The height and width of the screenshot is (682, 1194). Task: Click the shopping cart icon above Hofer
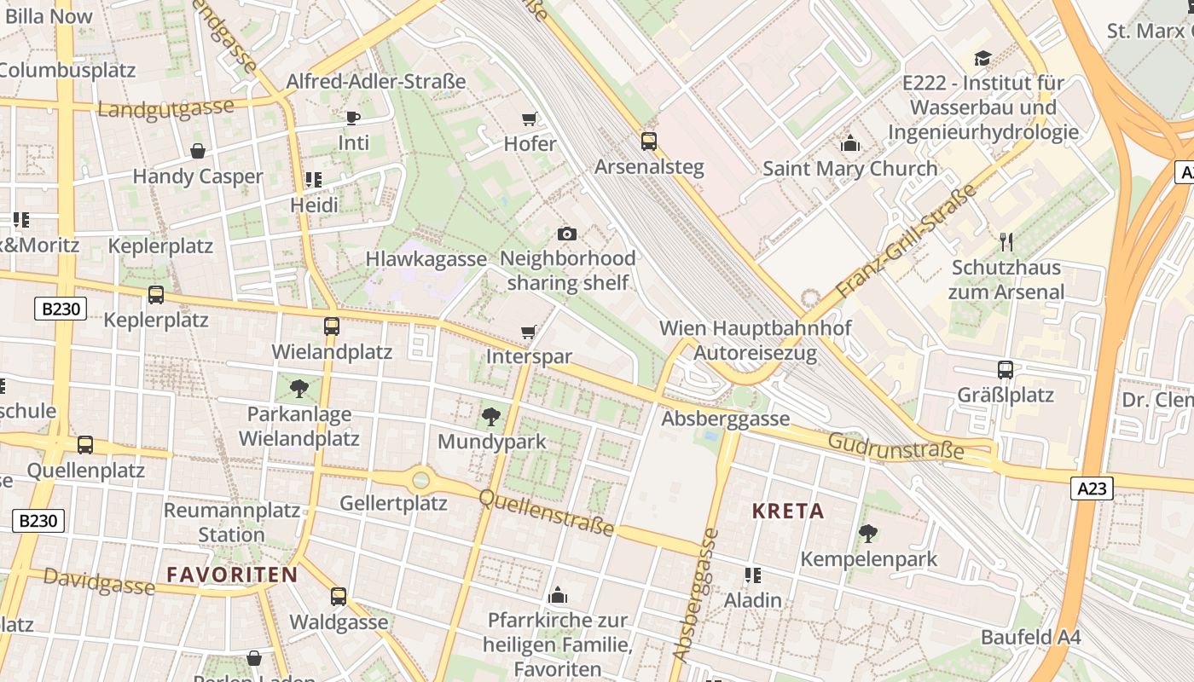[x=529, y=118]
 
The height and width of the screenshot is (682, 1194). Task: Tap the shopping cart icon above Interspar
[x=529, y=332]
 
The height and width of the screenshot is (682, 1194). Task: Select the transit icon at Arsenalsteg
[x=649, y=141]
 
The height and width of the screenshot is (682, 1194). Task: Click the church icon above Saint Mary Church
[x=849, y=143]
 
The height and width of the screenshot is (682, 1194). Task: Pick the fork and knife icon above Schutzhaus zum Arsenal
[x=1006, y=241]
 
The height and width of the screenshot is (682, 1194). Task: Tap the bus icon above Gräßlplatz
[x=1006, y=370]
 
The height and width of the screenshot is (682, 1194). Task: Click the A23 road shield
[x=1092, y=488]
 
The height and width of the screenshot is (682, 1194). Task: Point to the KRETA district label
[x=788, y=511]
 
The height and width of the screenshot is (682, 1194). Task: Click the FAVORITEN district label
[x=232, y=575]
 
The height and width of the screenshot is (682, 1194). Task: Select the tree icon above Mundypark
[x=490, y=417]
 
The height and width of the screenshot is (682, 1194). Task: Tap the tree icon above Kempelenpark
[x=868, y=534]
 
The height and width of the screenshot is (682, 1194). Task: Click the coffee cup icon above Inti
[x=353, y=118]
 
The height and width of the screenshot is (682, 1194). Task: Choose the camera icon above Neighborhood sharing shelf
[x=566, y=234]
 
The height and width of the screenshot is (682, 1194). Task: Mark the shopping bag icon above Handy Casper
[x=198, y=151]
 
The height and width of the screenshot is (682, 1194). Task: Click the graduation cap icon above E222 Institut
[x=982, y=58]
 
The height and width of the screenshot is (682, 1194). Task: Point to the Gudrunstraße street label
[x=895, y=446]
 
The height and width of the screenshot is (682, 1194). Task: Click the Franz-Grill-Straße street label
[x=907, y=242]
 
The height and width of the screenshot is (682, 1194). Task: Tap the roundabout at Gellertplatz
[x=420, y=480]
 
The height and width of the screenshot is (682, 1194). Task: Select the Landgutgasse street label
[x=165, y=109]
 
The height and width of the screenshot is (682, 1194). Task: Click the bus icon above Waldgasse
[x=339, y=597]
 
